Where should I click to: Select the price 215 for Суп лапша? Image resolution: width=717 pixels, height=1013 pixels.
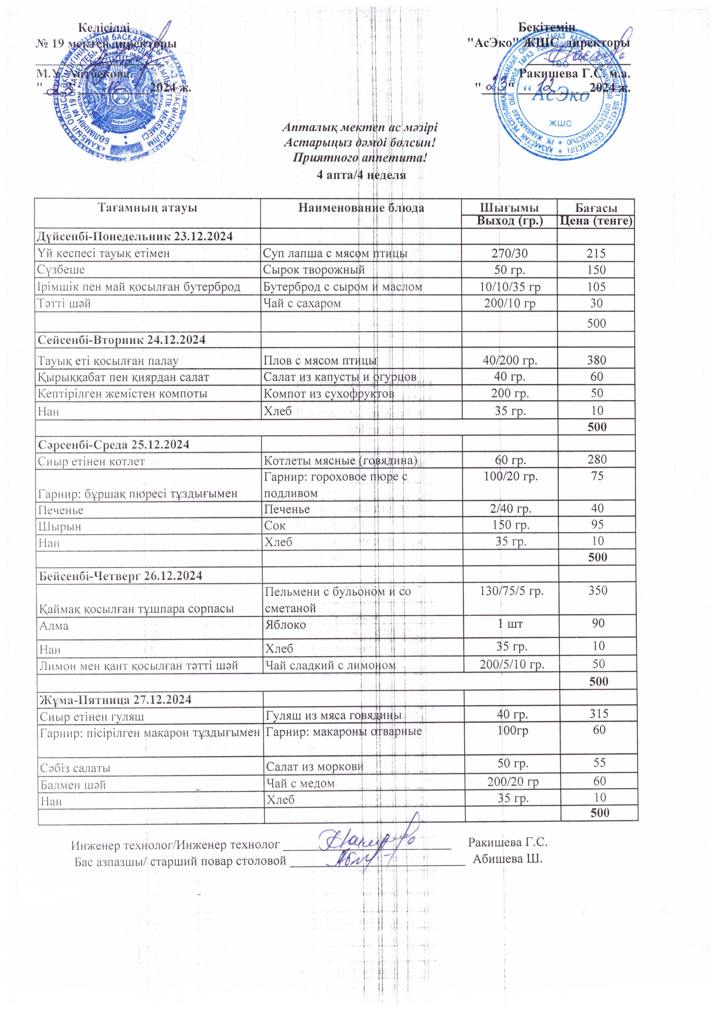(x=596, y=253)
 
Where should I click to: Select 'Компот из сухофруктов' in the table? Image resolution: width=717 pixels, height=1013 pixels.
(x=329, y=393)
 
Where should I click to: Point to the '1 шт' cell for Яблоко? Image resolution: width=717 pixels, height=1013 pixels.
(x=511, y=624)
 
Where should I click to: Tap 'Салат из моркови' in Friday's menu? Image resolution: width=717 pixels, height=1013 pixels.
(x=314, y=766)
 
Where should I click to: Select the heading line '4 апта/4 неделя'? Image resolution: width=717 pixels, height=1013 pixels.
(x=361, y=175)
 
